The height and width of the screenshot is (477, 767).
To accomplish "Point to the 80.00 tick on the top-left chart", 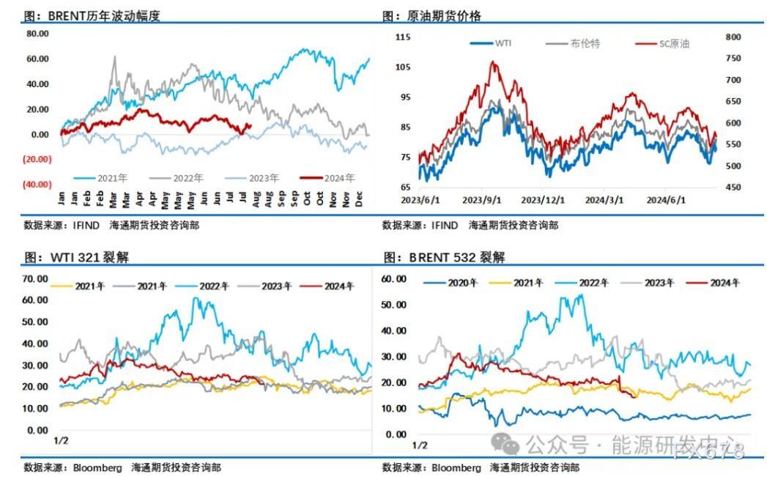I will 37,34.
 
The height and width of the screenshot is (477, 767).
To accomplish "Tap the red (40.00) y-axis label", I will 37,184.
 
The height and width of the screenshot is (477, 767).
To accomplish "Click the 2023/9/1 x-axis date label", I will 483,200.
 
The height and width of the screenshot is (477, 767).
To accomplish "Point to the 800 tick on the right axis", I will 734,37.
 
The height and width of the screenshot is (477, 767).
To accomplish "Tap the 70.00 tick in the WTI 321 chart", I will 35,278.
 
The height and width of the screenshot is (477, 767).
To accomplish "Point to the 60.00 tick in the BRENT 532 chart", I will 394,278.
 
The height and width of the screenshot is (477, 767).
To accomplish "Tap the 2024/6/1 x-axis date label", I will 666,200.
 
